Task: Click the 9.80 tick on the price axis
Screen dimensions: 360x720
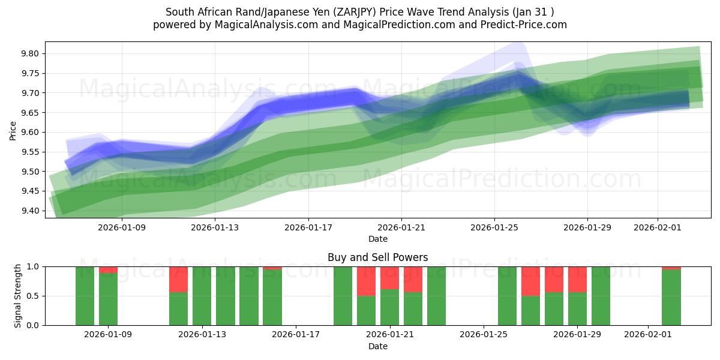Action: (30, 54)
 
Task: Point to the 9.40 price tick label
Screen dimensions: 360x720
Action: (30, 211)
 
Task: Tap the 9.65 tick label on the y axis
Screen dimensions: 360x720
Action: (30, 113)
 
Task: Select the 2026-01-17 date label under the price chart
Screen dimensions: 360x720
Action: (308, 227)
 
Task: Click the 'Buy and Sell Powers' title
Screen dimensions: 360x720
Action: (377, 257)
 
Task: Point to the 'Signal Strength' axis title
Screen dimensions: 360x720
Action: (18, 296)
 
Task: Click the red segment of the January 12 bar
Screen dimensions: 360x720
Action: (178, 279)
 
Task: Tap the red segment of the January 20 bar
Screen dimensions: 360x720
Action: (366, 281)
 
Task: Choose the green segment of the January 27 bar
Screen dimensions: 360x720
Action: (530, 310)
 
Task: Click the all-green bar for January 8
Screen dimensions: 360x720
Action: (85, 296)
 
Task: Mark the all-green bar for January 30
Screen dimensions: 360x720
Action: (601, 296)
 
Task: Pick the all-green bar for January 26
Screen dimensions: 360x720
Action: (507, 296)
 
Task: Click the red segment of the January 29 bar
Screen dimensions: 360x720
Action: (577, 279)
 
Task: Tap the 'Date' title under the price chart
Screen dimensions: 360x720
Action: (377, 239)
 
